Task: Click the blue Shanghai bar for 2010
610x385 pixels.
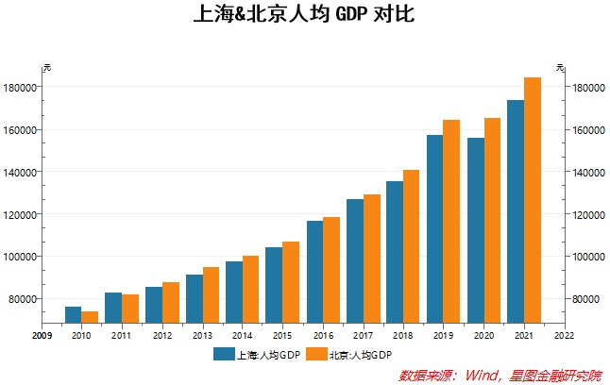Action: click(x=73, y=315)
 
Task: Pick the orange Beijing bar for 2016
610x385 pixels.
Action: click(x=331, y=270)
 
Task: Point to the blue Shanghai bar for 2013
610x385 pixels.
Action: click(x=194, y=298)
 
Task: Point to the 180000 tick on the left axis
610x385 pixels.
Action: click(x=20, y=88)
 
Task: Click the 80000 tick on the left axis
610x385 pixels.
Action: click(x=23, y=299)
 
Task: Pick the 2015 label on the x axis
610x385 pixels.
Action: click(x=281, y=335)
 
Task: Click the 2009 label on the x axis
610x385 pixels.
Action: click(x=41, y=335)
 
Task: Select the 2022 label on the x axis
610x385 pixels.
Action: click(x=564, y=335)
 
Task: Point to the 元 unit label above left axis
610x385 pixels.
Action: click(x=46, y=67)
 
